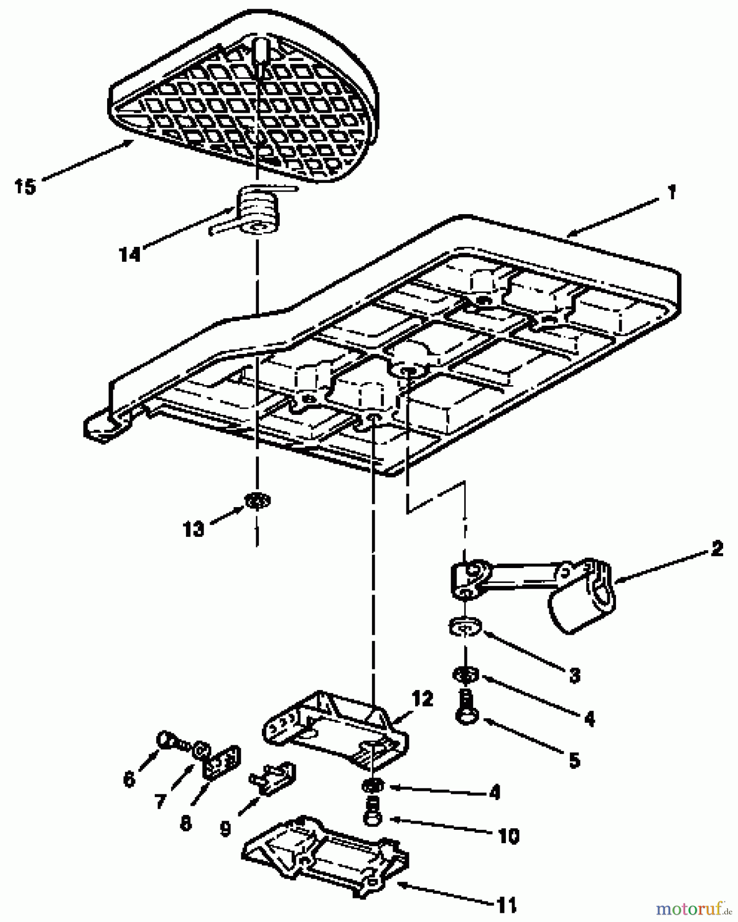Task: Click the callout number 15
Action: coord(25,186)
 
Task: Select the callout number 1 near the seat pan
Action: coord(671,193)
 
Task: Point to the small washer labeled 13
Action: coord(258,500)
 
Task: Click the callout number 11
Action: coord(506,905)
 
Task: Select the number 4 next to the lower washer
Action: coord(494,792)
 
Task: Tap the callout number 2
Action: coord(717,549)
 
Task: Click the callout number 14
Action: coord(130,254)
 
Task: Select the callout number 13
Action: coord(193,529)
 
